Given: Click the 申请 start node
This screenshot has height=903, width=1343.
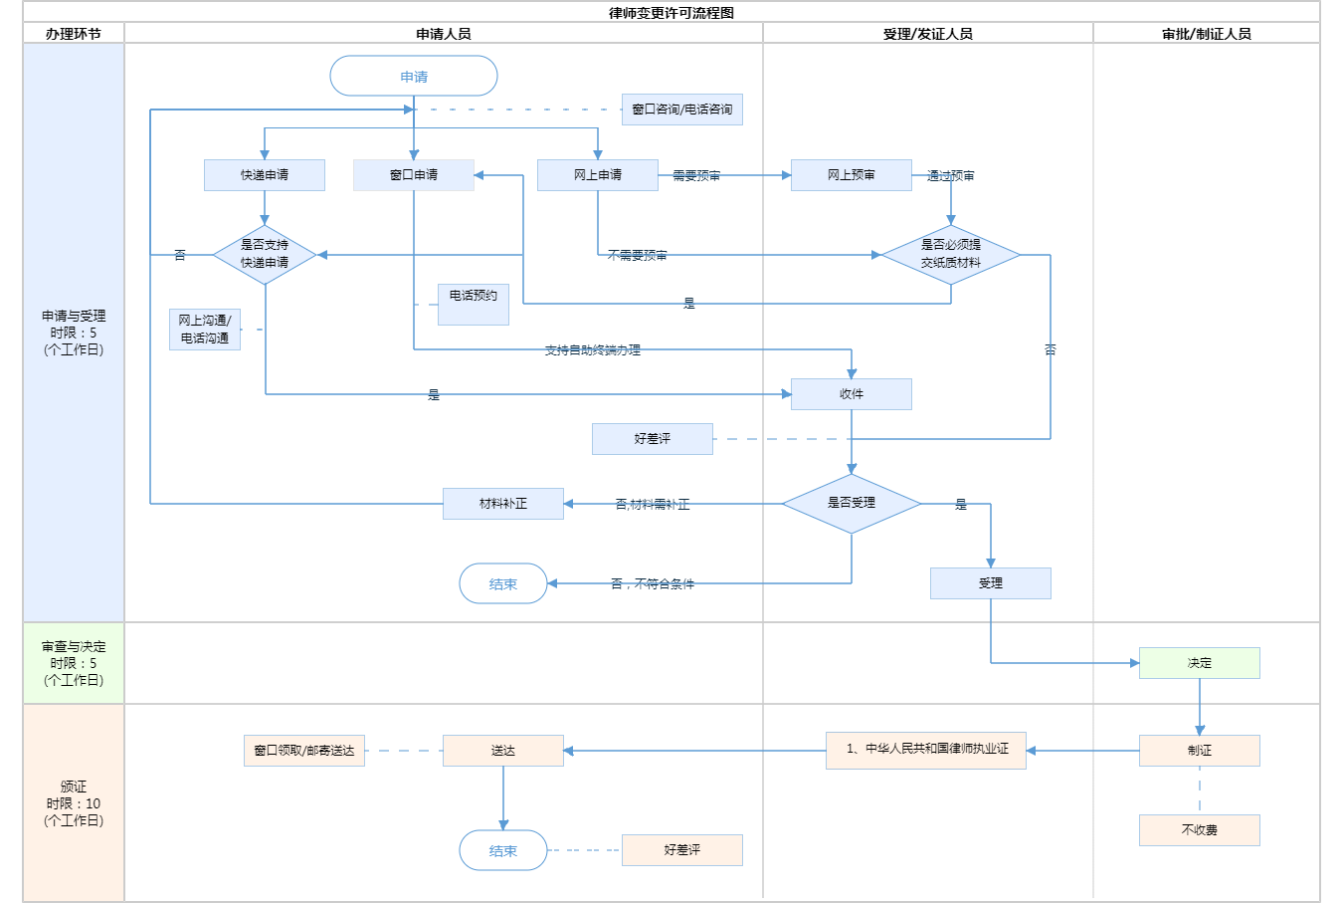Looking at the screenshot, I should pyautogui.click(x=414, y=77).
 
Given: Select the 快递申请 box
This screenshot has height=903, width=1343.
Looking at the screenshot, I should pyautogui.click(x=265, y=175).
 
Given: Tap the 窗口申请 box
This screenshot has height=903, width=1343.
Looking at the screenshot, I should pyautogui.click(x=414, y=175).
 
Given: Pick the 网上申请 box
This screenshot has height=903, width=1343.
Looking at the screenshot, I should pyautogui.click(x=598, y=175).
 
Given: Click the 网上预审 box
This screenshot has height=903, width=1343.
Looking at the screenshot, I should pyautogui.click(x=852, y=175).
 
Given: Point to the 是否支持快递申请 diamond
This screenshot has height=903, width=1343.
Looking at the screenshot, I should pyautogui.click(x=265, y=254).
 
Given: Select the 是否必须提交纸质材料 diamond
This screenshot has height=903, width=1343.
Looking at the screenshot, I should pyautogui.click(x=951, y=254).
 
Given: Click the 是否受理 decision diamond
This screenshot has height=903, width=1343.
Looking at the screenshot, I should pyautogui.click(x=852, y=503).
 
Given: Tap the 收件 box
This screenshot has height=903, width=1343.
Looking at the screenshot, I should pyautogui.click(x=852, y=394).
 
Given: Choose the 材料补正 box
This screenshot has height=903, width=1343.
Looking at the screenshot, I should pyautogui.click(x=503, y=504).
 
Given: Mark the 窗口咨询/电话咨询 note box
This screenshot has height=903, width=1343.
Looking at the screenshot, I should pyautogui.click(x=682, y=110).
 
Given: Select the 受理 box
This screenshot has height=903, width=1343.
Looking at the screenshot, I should pyautogui.click(x=991, y=583).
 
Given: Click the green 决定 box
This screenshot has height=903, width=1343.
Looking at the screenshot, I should pyautogui.click(x=1200, y=663).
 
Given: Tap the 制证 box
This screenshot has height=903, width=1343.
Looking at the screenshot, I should pyautogui.click(x=1200, y=751).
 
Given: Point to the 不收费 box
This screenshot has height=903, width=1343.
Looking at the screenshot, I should pyautogui.click(x=1200, y=830).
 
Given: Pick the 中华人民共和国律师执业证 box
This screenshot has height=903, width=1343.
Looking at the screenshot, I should pyautogui.click(x=926, y=750).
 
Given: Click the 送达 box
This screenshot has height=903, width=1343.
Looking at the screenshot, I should pyautogui.click(x=503, y=751).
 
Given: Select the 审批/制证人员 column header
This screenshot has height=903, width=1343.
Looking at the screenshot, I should pyautogui.click(x=1207, y=34).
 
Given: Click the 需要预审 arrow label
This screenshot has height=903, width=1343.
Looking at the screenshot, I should pyautogui.click(x=696, y=176).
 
